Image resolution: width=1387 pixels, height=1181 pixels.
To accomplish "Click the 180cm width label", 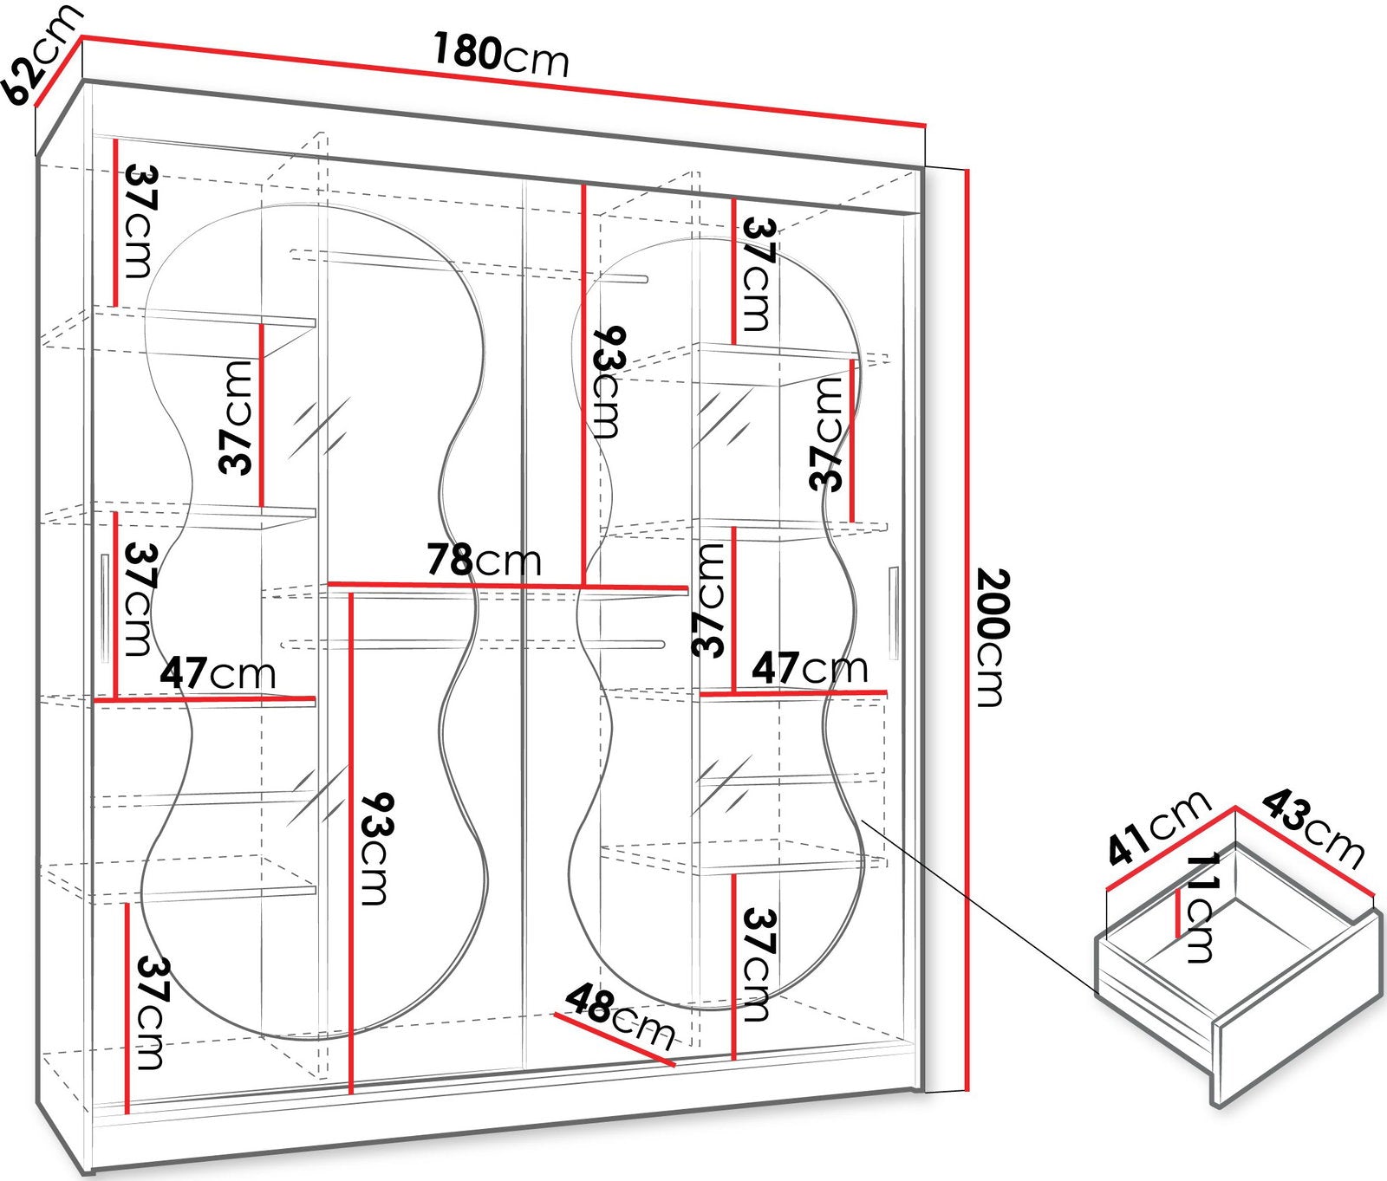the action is pos(500,55).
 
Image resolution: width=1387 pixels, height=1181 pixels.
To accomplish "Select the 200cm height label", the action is pos(990,637).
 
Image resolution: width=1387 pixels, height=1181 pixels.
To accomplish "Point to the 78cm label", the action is pos(484,560).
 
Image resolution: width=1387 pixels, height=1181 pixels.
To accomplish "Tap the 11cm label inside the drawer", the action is pos(1201,907).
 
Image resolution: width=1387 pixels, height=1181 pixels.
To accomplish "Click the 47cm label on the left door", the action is pos(218,673).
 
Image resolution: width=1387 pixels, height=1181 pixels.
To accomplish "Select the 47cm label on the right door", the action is pos(810,667).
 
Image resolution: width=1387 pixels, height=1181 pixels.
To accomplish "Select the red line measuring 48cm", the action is pos(615,1040).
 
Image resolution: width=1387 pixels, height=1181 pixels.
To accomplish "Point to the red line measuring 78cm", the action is pos(508,587).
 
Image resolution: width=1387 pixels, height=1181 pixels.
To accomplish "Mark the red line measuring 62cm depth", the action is pos(58,71).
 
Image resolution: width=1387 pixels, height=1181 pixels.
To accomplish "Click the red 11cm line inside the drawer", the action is pos(1178,914).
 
